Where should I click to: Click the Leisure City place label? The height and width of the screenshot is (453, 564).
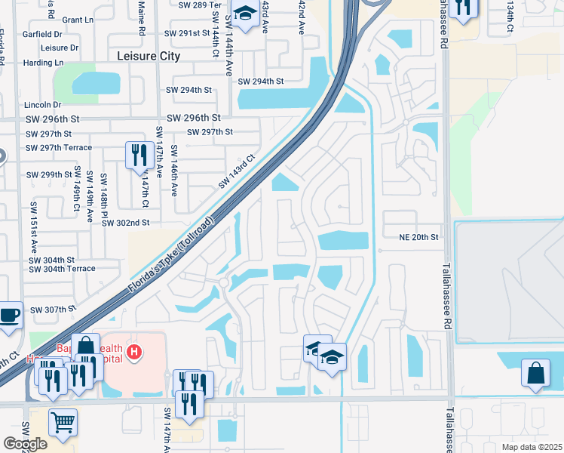(x=149, y=56)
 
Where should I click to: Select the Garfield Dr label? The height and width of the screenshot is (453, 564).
(x=42, y=35)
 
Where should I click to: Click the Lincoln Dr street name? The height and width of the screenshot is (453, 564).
(x=41, y=105)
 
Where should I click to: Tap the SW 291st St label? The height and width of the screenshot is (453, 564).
(x=188, y=33)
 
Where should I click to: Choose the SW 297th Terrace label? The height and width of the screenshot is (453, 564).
(x=59, y=148)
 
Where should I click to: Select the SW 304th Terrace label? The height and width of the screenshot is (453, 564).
(x=62, y=269)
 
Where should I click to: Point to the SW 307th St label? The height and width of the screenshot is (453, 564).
(x=54, y=310)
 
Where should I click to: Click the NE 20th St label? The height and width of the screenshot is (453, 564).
(x=418, y=237)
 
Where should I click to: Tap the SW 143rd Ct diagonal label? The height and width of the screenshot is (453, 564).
(x=238, y=172)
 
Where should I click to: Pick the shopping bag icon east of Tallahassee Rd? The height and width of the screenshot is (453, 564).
(x=536, y=373)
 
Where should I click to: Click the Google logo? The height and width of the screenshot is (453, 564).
(x=25, y=444)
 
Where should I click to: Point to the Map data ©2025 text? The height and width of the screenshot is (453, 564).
(x=531, y=447)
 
